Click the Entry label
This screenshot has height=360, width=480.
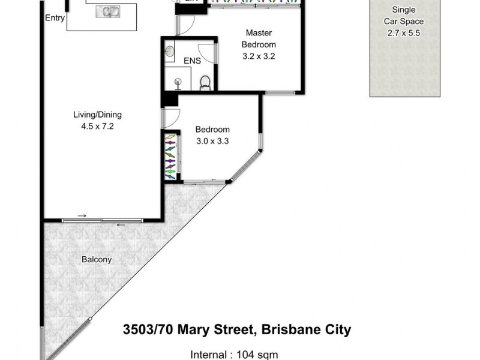[55, 18]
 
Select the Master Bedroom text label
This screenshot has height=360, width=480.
[259, 39]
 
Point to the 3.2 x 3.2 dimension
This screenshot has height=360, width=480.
[259, 56]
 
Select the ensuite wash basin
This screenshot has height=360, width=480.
[169, 51]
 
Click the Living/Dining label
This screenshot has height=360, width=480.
[101, 115]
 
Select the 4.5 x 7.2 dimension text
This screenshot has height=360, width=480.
[101, 127]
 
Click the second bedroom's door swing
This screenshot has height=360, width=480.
[170, 118]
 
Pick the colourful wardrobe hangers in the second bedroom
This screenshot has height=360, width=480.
[171, 157]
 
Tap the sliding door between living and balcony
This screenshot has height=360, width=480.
[102, 220]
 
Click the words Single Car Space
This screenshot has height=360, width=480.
[404, 16]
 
